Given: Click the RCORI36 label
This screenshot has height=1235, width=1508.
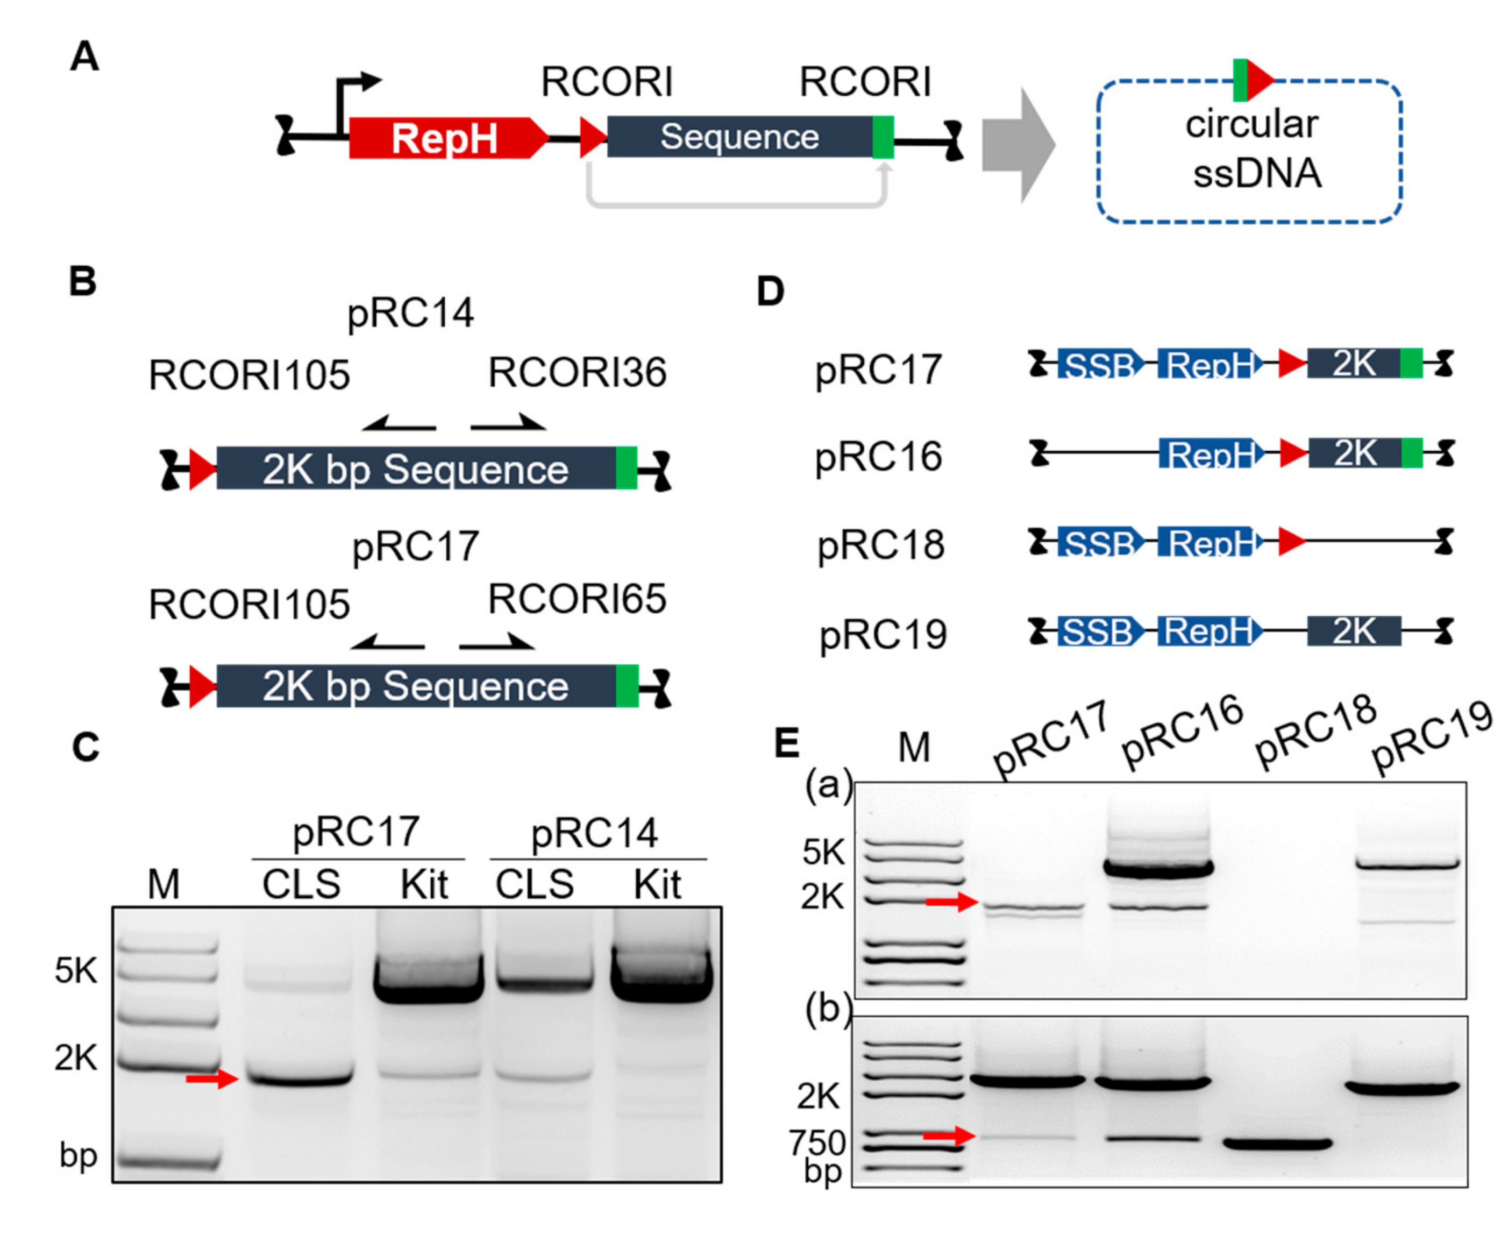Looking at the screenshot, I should click(x=577, y=373).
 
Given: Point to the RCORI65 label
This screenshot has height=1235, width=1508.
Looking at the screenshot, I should click(x=577, y=599).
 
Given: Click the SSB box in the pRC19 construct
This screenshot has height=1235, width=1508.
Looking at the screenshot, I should click(x=1098, y=631).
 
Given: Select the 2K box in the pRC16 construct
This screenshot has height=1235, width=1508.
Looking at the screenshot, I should click(x=1354, y=453).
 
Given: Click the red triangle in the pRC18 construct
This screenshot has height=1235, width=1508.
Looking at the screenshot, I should click(x=1291, y=542).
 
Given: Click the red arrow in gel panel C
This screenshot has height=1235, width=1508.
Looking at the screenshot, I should click(x=211, y=1079).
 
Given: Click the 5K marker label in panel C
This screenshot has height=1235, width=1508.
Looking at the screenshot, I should click(x=75, y=970).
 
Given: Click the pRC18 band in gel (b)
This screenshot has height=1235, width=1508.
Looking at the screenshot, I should click(x=1277, y=1145).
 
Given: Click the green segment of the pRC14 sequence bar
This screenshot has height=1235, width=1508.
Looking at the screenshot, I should click(x=626, y=468).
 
